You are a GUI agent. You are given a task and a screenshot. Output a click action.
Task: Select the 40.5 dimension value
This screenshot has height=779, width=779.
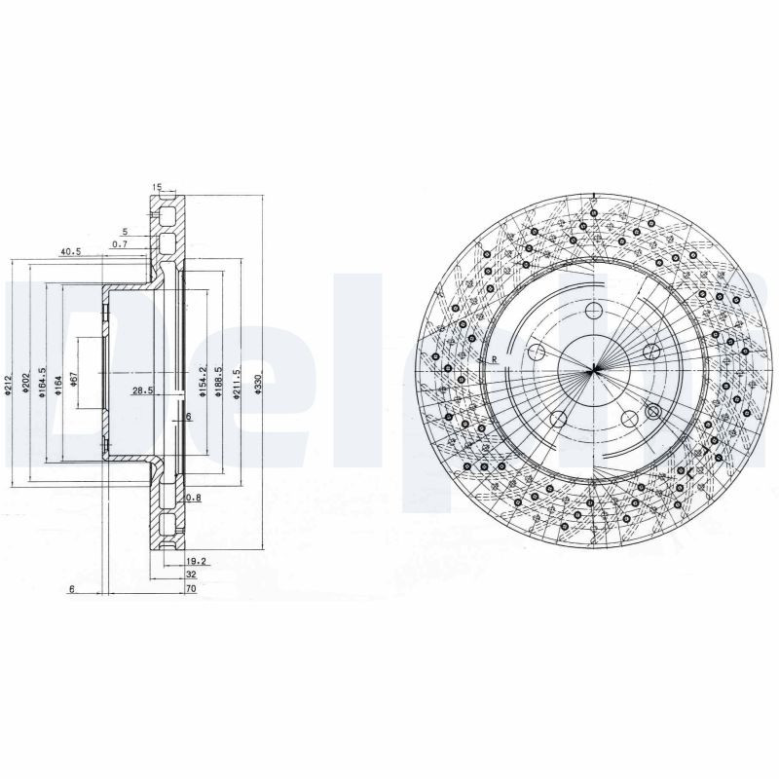69,251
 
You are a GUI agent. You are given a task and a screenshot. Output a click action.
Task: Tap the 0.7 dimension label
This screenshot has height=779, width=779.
120,243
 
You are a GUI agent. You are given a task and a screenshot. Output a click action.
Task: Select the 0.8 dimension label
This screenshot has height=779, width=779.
193,497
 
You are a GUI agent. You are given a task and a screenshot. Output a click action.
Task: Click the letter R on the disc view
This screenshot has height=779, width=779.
495,360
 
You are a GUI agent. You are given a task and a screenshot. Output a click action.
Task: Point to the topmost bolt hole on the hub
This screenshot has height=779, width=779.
595,312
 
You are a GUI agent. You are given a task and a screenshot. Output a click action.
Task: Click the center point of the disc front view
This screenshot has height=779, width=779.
593,370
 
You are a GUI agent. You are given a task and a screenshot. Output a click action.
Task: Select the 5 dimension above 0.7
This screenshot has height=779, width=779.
125,232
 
